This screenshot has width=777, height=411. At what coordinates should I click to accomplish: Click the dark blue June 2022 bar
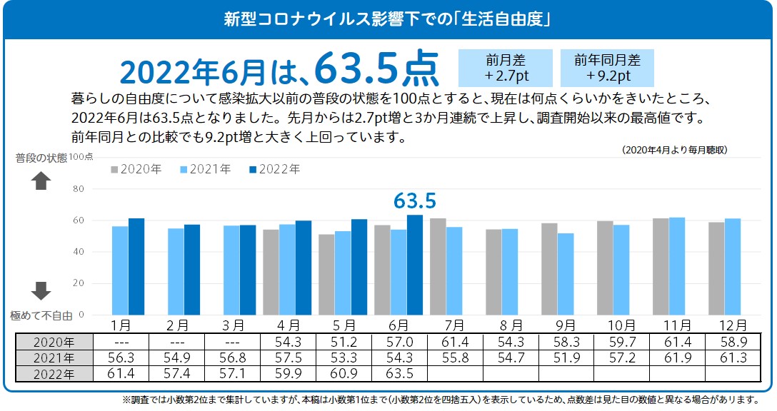(415, 265)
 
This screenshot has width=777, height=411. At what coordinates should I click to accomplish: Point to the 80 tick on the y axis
(79, 189)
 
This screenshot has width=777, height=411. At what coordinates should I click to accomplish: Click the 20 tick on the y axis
(79, 283)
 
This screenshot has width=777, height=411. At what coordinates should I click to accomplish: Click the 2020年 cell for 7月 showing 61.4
(454, 342)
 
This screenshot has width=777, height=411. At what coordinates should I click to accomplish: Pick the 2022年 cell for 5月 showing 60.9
(343, 373)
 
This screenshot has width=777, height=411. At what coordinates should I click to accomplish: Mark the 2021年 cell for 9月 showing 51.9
(566, 357)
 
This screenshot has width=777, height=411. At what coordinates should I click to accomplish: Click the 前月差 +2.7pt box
(506, 68)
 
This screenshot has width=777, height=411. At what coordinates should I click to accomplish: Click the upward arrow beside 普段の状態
(41, 181)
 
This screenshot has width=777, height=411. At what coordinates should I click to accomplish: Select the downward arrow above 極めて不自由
(41, 290)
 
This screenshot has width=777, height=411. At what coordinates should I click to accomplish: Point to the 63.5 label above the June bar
(414, 201)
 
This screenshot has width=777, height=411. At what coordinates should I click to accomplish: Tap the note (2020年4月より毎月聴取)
(674, 150)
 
